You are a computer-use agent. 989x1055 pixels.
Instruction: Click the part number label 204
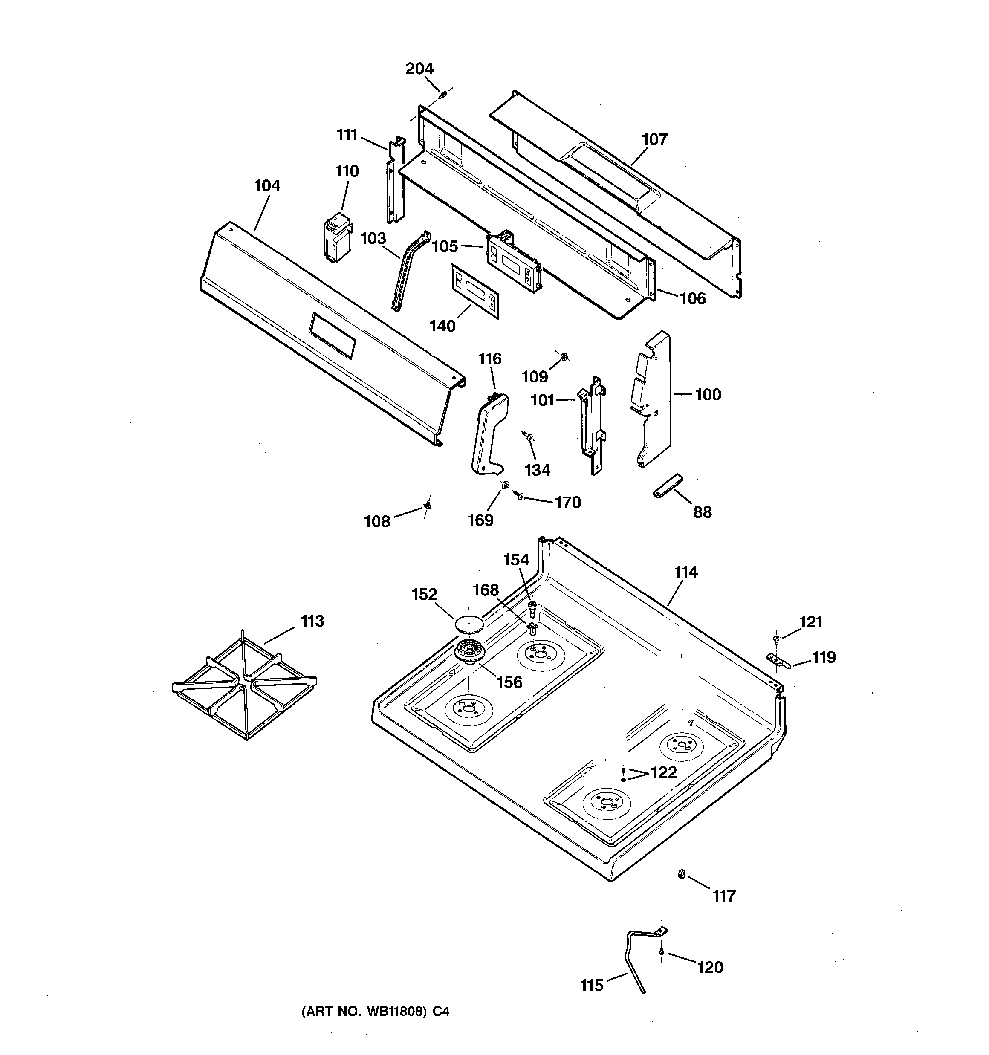pos(419,69)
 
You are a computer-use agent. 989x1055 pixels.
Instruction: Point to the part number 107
pos(654,139)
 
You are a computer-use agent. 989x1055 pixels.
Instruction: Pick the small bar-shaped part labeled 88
pos(667,486)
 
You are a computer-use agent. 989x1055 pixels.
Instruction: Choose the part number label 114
pos(685,572)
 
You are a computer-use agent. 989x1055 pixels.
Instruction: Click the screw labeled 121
pos(776,639)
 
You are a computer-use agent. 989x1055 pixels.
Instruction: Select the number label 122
pos(664,772)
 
